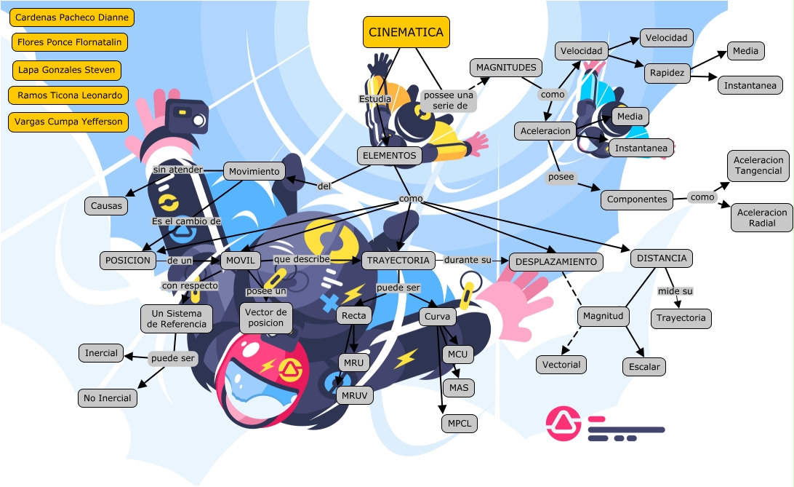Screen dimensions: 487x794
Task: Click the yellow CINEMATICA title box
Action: (406, 32)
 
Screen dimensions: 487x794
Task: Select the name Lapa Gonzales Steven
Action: (65, 70)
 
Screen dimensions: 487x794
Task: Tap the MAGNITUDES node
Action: (505, 68)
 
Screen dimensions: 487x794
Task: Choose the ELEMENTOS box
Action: (388, 155)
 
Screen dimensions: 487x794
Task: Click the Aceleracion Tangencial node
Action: (758, 165)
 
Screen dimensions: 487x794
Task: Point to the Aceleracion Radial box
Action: (762, 218)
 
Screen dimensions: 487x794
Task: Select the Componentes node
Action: (636, 199)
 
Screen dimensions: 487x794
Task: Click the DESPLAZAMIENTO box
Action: (556, 262)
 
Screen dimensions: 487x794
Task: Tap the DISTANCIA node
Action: (661, 258)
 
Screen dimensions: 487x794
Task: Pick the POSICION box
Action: (127, 260)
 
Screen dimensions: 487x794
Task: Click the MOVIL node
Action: (240, 260)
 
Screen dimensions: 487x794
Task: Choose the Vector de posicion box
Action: (265, 317)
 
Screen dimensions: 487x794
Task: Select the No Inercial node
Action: (107, 397)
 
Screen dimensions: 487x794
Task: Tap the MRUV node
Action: (354, 395)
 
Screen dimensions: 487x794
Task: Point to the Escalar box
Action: (643, 366)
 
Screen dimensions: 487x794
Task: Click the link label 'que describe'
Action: (301, 259)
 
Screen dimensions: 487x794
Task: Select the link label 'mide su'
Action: (675, 291)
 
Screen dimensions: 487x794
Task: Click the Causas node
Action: (106, 206)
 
